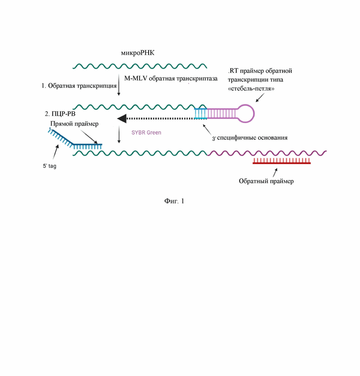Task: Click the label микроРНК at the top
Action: pyautogui.click(x=138, y=53)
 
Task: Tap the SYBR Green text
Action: pyautogui.click(x=146, y=132)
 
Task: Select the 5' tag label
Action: pyautogui.click(x=50, y=166)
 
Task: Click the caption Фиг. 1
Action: pyautogui.click(x=174, y=201)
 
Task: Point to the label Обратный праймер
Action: pyautogui.click(x=266, y=181)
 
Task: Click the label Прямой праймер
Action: pyautogui.click(x=74, y=124)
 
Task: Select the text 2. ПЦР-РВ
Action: pyautogui.click(x=60, y=113)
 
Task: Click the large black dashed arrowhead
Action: pyautogui.click(x=122, y=119)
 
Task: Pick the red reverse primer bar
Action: pyautogui.click(x=282, y=161)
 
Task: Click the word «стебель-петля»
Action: pyautogui.click(x=251, y=89)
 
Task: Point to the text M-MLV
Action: pyautogui.click(x=136, y=78)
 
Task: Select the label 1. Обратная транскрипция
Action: pyautogui.click(x=79, y=86)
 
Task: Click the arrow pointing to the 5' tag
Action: pyautogui.click(x=56, y=152)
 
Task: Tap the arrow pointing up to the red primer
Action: pyautogui.click(x=275, y=173)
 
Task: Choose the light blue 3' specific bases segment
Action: pyautogui.click(x=200, y=113)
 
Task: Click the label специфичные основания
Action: pyautogui.click(x=252, y=137)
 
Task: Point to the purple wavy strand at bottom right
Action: pyautogui.click(x=267, y=153)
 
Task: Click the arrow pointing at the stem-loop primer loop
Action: pyautogui.click(x=260, y=98)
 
